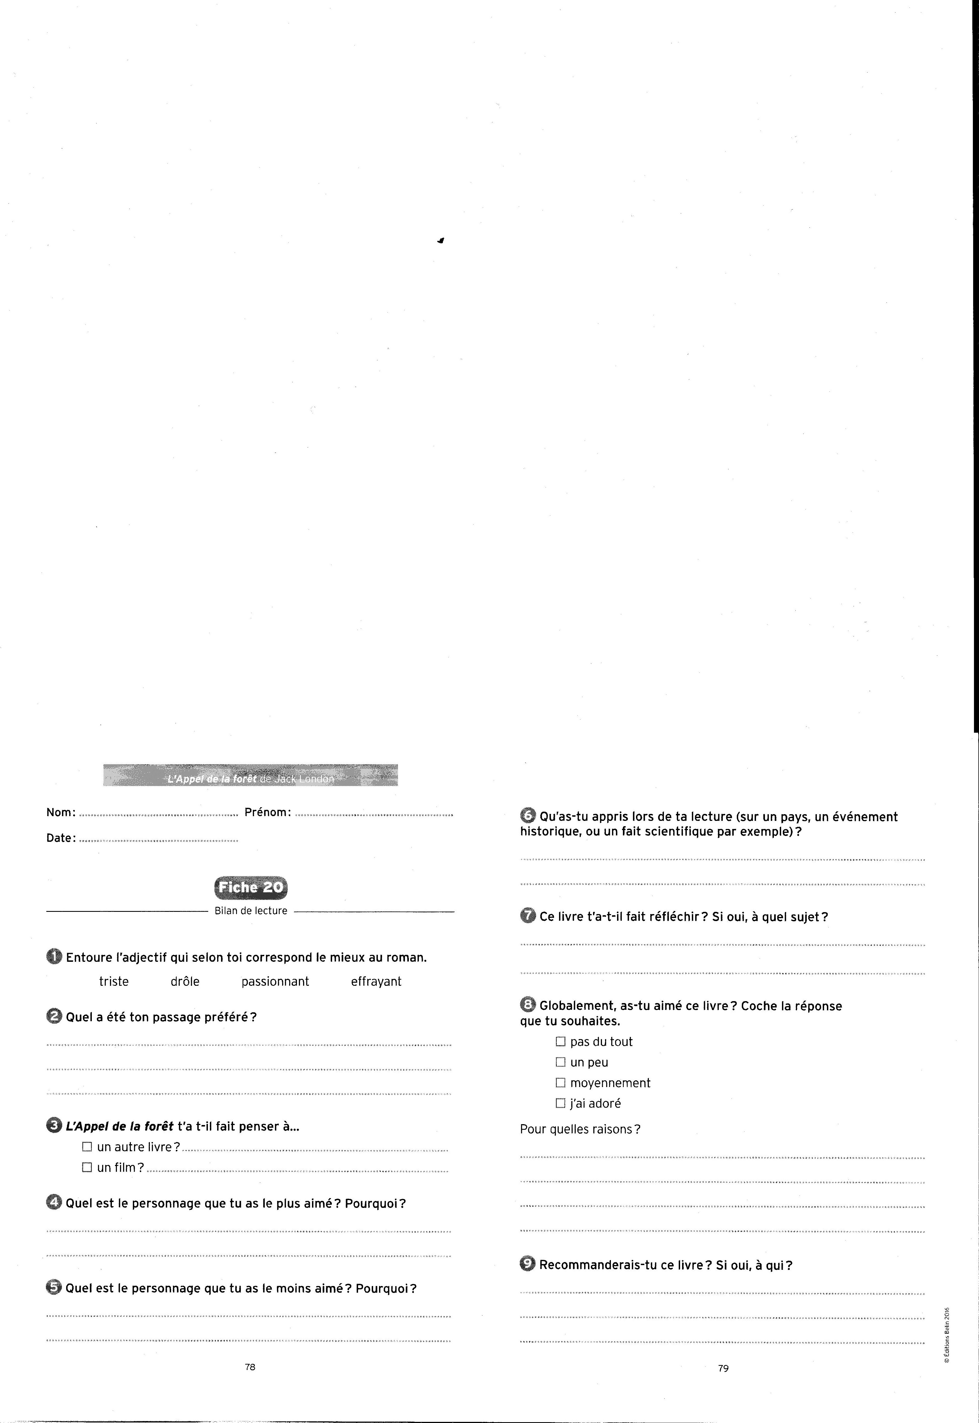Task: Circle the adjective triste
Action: coord(114,982)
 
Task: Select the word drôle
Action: coord(185,982)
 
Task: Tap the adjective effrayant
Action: coord(376,982)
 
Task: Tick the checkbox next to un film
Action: coord(87,1167)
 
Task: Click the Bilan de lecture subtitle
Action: coord(251,911)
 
